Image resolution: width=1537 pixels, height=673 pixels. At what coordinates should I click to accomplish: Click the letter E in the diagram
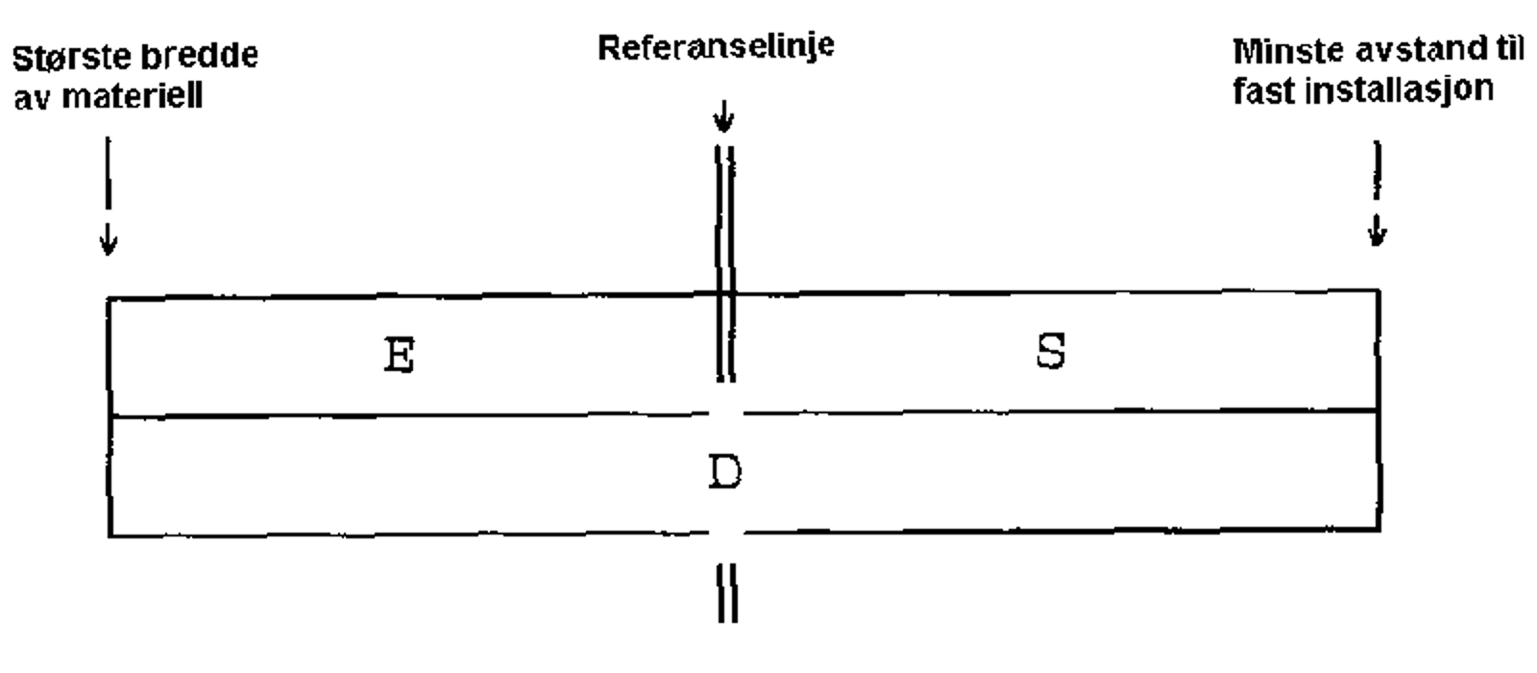tap(399, 356)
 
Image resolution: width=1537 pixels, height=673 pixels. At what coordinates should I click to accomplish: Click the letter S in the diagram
tap(1051, 352)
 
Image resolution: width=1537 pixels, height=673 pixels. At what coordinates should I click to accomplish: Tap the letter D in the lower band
tap(725, 473)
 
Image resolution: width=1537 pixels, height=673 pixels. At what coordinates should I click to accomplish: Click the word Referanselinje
tap(716, 47)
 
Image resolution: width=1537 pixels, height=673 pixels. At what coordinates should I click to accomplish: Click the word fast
tap(1261, 90)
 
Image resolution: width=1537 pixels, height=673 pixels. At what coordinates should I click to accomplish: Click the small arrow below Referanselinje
tap(724, 119)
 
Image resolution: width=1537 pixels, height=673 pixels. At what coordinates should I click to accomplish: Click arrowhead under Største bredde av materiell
tap(109, 244)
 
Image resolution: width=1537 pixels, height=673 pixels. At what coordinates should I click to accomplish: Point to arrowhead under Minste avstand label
tap(1378, 234)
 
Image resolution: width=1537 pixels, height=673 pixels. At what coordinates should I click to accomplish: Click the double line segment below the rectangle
tap(727, 593)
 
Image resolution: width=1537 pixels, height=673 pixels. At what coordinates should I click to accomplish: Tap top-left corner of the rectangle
tap(109, 300)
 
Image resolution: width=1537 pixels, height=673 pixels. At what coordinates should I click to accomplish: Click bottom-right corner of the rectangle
tap(1379, 529)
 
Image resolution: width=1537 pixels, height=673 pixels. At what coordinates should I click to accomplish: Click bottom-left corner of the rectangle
tap(109, 535)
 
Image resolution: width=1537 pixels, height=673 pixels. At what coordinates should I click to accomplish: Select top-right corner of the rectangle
tap(1379, 290)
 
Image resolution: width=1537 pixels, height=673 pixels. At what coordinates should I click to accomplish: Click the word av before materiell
tap(29, 98)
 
